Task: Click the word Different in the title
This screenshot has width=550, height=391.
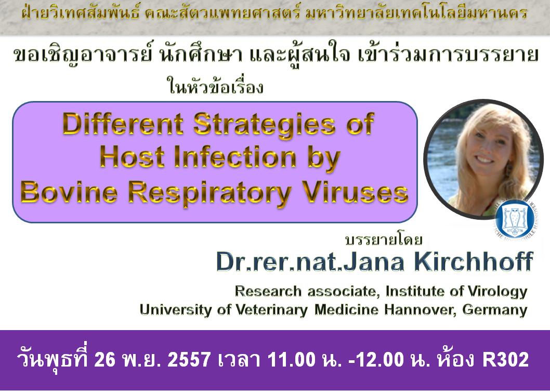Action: click(123, 124)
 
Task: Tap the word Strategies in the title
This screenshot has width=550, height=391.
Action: click(264, 127)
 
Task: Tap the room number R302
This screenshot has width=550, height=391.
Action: click(505, 360)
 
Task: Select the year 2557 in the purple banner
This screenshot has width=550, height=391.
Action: click(189, 360)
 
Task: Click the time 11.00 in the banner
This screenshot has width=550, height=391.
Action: click(291, 360)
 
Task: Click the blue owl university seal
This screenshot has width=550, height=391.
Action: click(512, 221)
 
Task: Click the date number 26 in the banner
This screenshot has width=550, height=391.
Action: click(105, 360)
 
